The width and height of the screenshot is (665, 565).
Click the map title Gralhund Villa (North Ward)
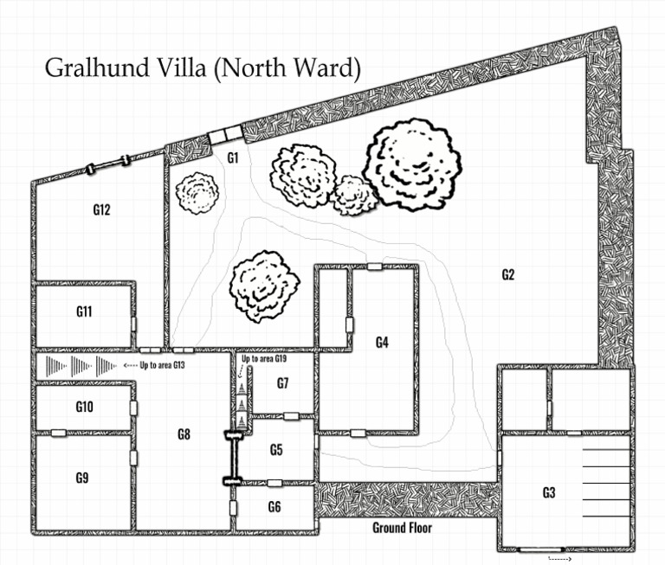(x=202, y=68)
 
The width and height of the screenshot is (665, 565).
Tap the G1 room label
(x=232, y=157)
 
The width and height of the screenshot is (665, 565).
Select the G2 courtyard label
(x=508, y=275)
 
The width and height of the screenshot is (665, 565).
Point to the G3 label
(x=548, y=493)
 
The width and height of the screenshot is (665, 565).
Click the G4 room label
(x=382, y=342)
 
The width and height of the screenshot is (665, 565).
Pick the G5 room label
(x=276, y=450)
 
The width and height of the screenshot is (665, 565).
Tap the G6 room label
(x=274, y=507)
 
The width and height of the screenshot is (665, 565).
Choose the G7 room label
(x=283, y=382)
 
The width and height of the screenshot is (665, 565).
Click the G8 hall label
(x=183, y=434)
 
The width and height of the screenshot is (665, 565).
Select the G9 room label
(x=83, y=477)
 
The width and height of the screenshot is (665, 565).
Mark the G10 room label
(x=84, y=407)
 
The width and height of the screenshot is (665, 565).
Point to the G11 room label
(x=84, y=312)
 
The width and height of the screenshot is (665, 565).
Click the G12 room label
(x=101, y=209)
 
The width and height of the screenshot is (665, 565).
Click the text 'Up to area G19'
(x=264, y=358)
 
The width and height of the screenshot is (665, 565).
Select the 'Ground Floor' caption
(x=402, y=527)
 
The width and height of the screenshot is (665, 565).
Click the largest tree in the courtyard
(x=412, y=165)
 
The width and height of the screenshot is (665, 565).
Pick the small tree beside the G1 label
(x=197, y=195)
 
